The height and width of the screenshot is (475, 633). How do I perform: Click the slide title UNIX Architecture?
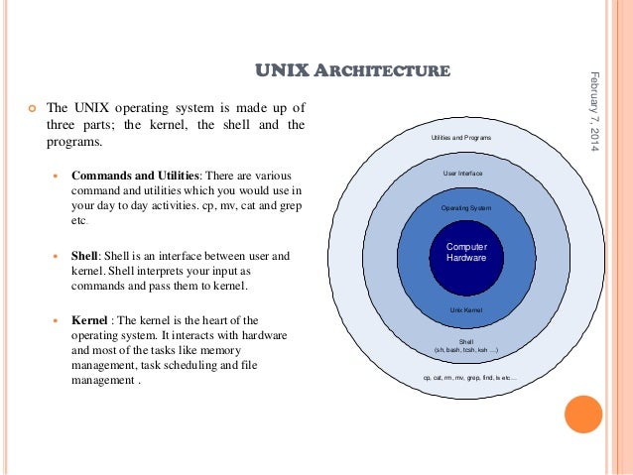pos(353,70)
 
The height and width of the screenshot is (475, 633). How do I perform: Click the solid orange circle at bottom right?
pos(583,415)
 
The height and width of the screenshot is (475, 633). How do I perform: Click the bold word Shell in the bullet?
pos(84,256)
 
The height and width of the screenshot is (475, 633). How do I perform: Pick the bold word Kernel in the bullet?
pos(89,320)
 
